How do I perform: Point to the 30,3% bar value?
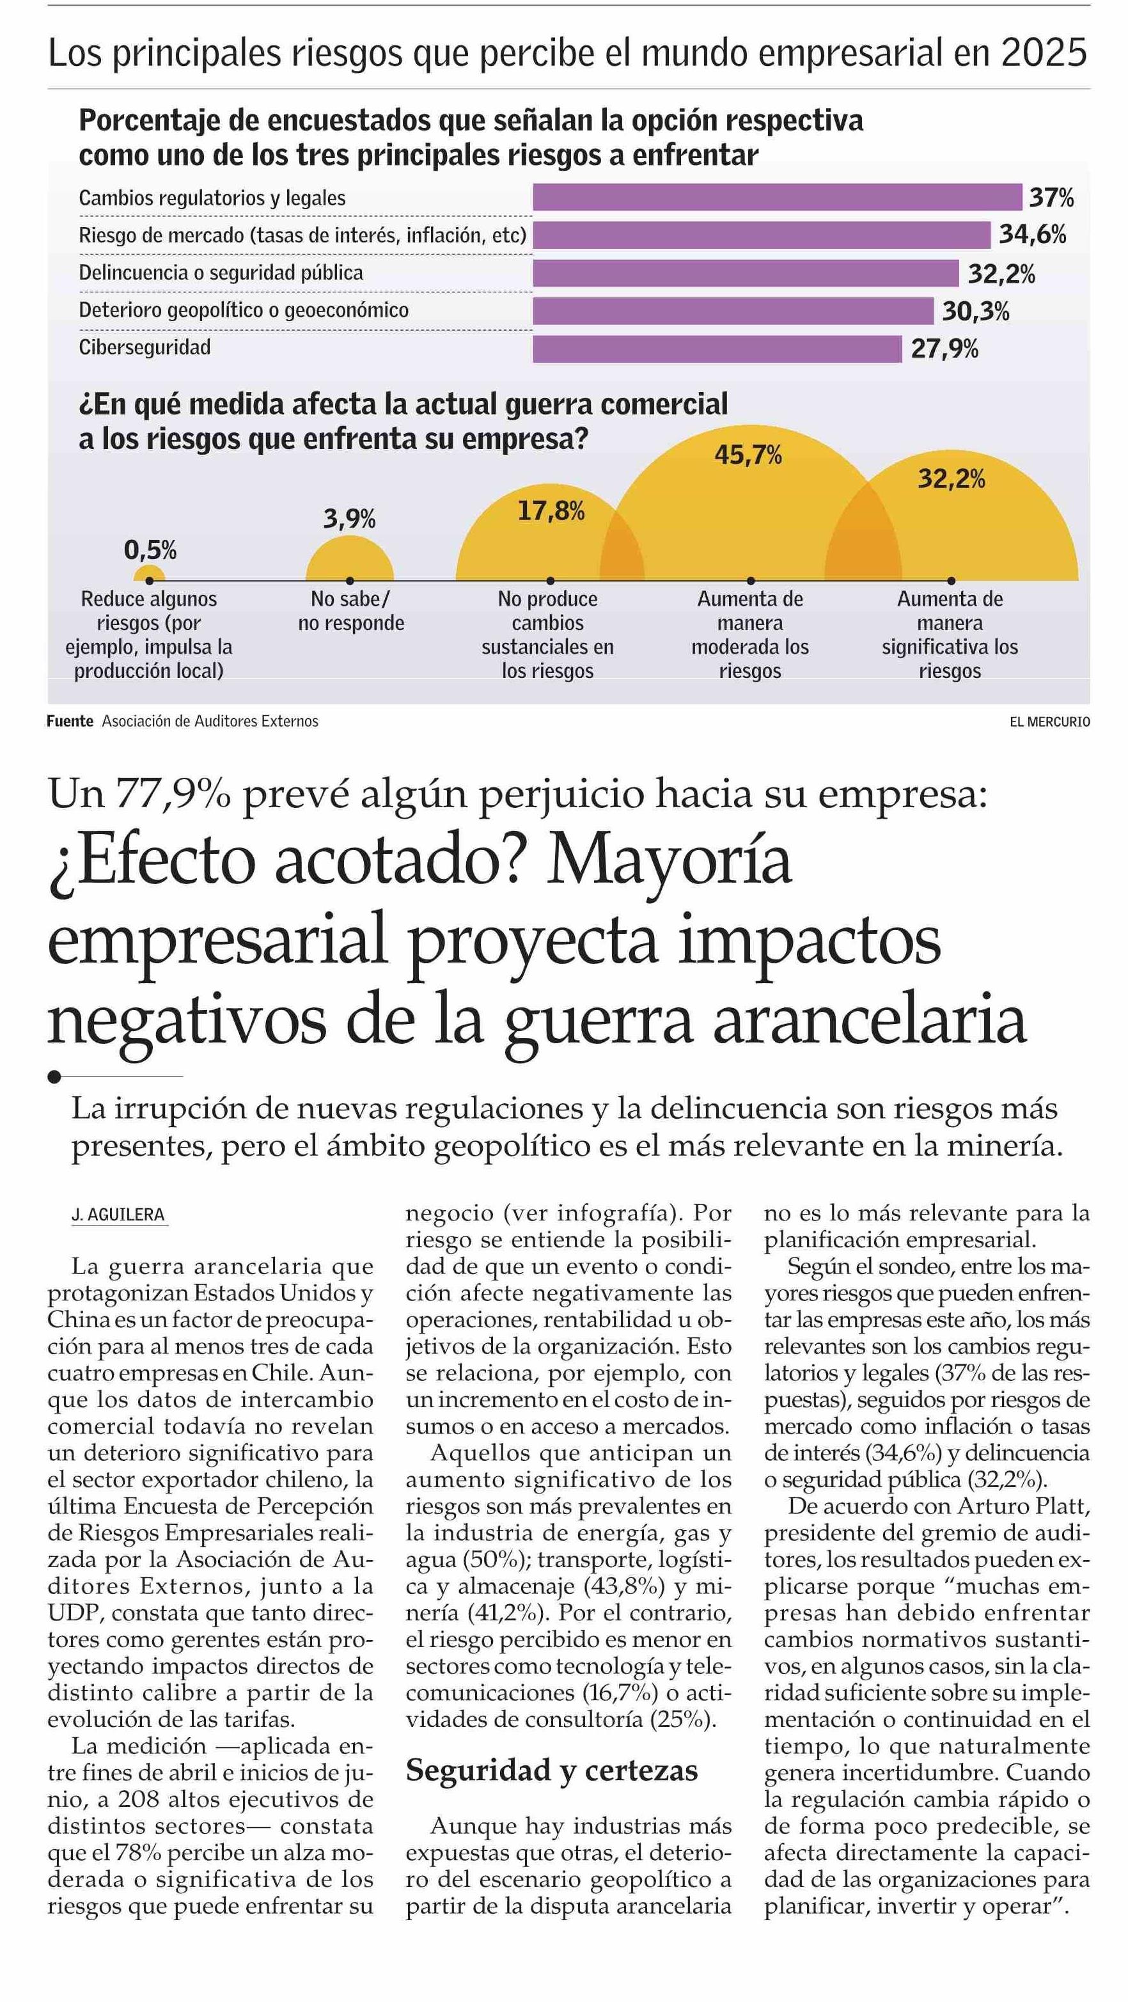tap(976, 311)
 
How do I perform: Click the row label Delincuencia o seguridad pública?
tap(221, 272)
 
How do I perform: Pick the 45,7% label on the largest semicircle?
tap(748, 455)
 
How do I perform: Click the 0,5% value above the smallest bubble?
tap(150, 550)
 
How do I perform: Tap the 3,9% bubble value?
tap(350, 518)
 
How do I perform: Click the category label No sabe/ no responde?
tap(351, 611)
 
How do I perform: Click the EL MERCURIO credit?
tap(1049, 722)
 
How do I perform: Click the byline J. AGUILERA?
tap(118, 1215)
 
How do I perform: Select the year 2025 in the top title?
tap(1044, 53)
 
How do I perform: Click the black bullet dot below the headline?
tap(54, 1076)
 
